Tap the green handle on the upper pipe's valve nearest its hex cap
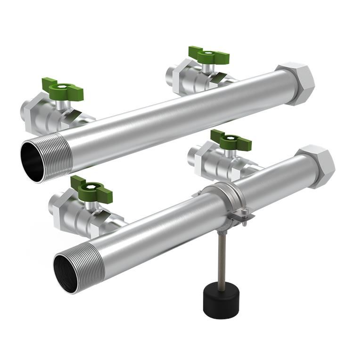click(x=209, y=55)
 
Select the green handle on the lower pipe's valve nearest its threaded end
click(x=91, y=189)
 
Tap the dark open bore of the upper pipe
click(x=33, y=161)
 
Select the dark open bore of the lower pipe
click(x=66, y=273)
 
